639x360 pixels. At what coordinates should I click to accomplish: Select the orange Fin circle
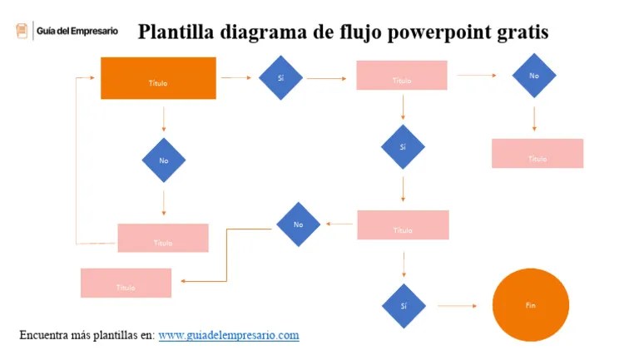531,305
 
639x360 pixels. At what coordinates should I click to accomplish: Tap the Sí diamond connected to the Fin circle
404,306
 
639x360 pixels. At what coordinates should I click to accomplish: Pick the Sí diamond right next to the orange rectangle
280,78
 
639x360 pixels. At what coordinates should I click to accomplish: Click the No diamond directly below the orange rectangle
163,160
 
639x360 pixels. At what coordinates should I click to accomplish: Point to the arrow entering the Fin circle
457,306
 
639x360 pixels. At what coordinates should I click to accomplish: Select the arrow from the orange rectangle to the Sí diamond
236,78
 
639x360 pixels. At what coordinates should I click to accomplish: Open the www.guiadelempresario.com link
228,335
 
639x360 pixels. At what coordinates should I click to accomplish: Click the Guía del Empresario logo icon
22,31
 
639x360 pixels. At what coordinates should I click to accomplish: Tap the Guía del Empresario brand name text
77,31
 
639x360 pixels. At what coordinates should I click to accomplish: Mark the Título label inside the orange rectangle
158,83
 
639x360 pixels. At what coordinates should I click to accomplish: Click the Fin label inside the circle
531,306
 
